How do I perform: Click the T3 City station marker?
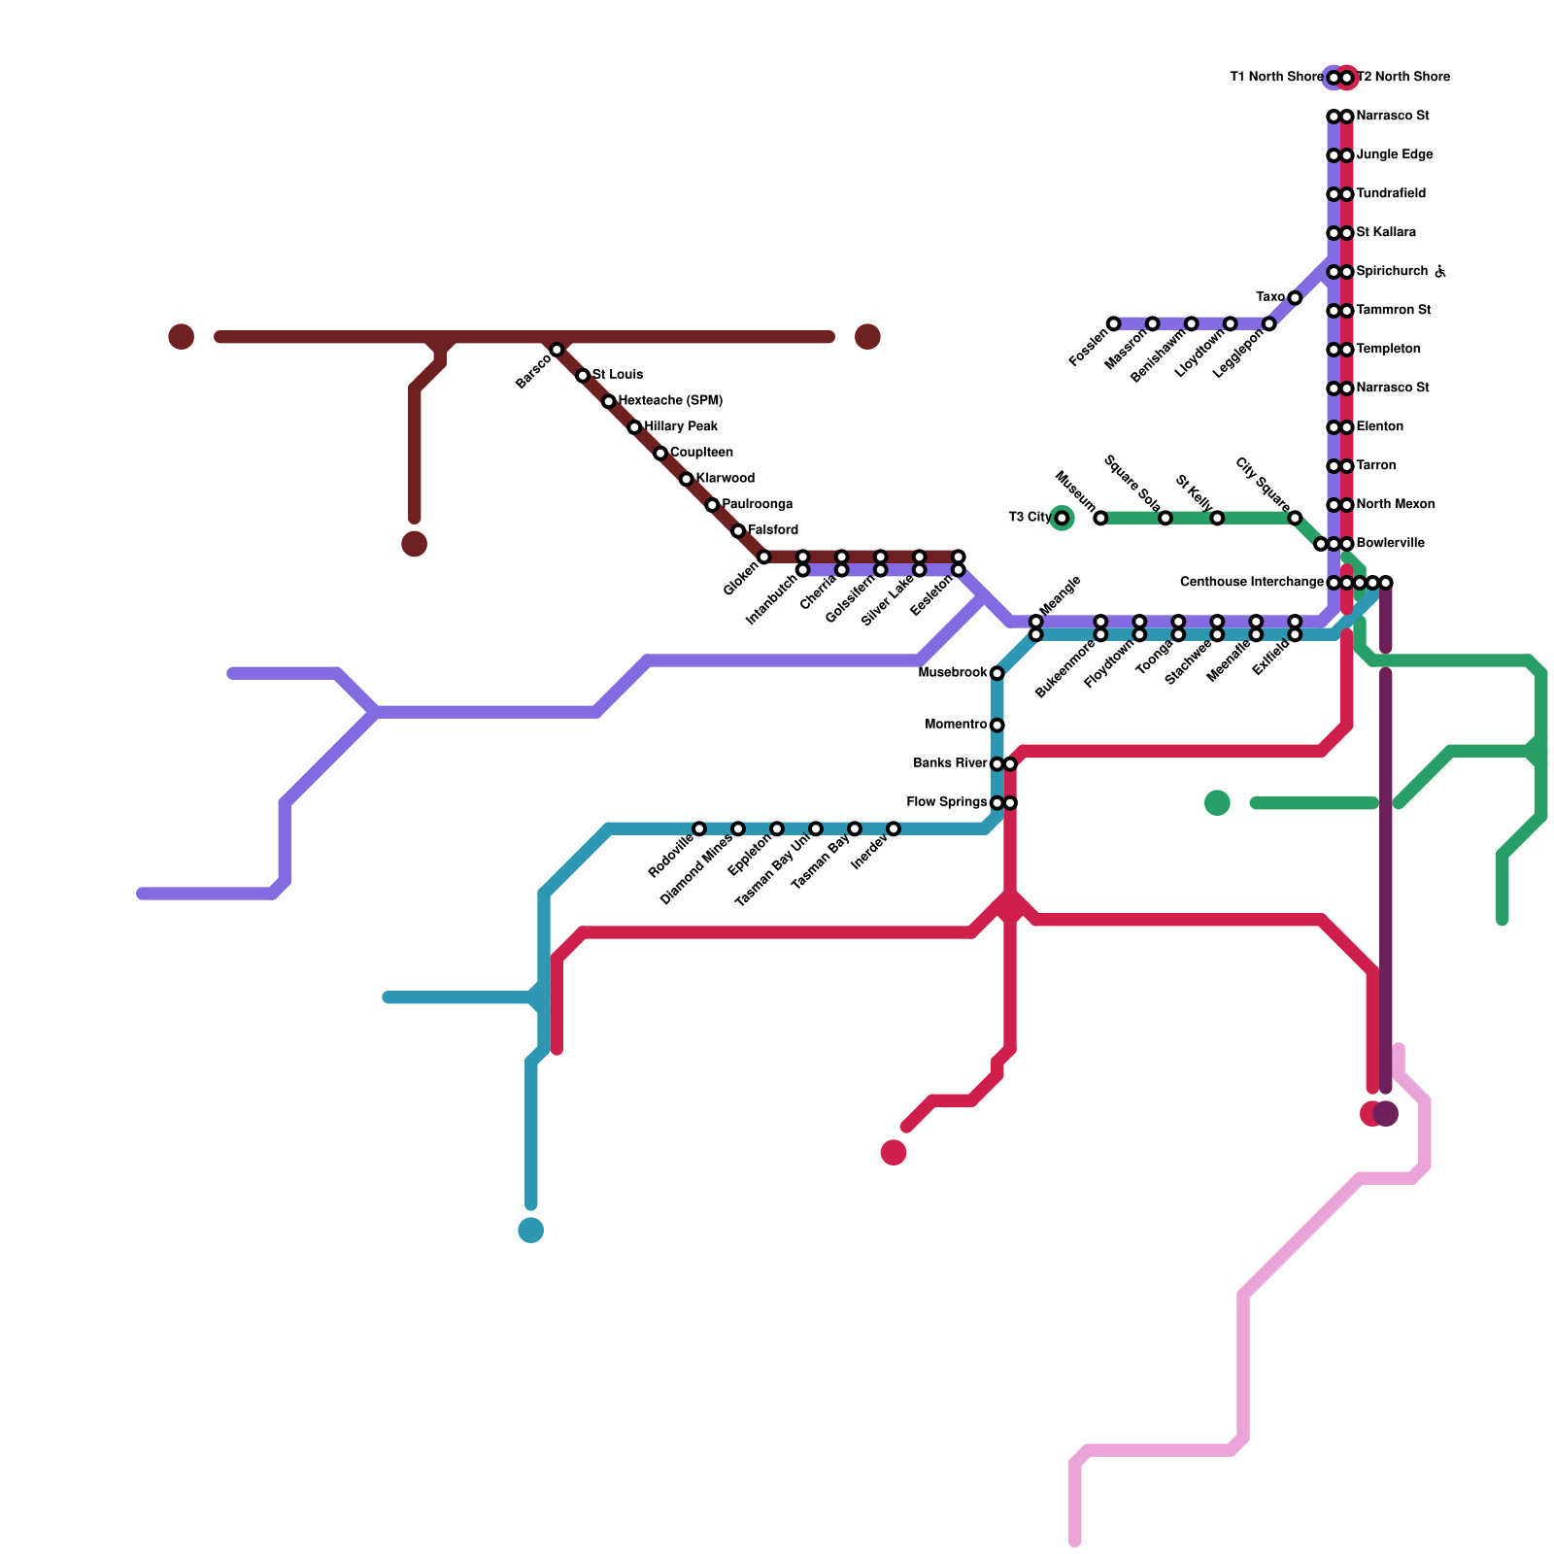[x=1062, y=519]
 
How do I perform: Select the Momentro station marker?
[x=997, y=726]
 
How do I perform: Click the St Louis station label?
[x=618, y=375]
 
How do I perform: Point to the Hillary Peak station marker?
[x=634, y=427]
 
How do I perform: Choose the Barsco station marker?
[x=557, y=350]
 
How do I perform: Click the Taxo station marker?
[x=1295, y=297]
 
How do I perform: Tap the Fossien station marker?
[x=1113, y=323]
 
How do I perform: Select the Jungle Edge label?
[x=1394, y=155]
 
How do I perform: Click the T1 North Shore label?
[x=1275, y=78]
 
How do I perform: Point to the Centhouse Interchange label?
[x=1251, y=583]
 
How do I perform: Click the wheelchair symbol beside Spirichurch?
[x=1440, y=272]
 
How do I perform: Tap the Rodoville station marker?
[x=699, y=828]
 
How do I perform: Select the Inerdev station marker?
[x=893, y=828]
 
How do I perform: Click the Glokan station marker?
[x=763, y=557]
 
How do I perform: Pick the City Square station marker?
[x=1295, y=518]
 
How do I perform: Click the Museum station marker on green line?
[x=1100, y=518]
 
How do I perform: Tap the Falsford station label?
[x=773, y=530]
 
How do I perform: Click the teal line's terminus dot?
[x=530, y=1231]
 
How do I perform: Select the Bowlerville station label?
[x=1390, y=544]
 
